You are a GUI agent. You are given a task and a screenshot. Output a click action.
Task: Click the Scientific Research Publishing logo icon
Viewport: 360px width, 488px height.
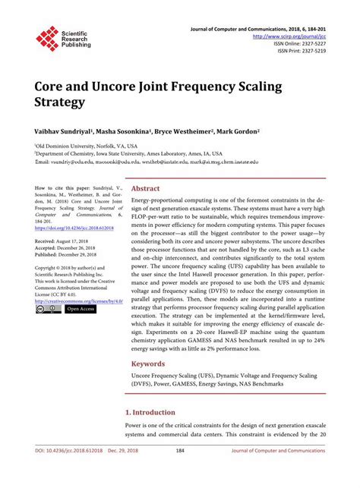[47, 39]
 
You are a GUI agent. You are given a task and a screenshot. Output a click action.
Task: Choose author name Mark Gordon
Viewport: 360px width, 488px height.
[235, 131]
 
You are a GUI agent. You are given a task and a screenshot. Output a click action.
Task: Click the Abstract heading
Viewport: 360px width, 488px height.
[145, 188]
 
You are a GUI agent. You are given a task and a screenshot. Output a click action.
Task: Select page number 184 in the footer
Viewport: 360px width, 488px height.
[180, 471]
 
